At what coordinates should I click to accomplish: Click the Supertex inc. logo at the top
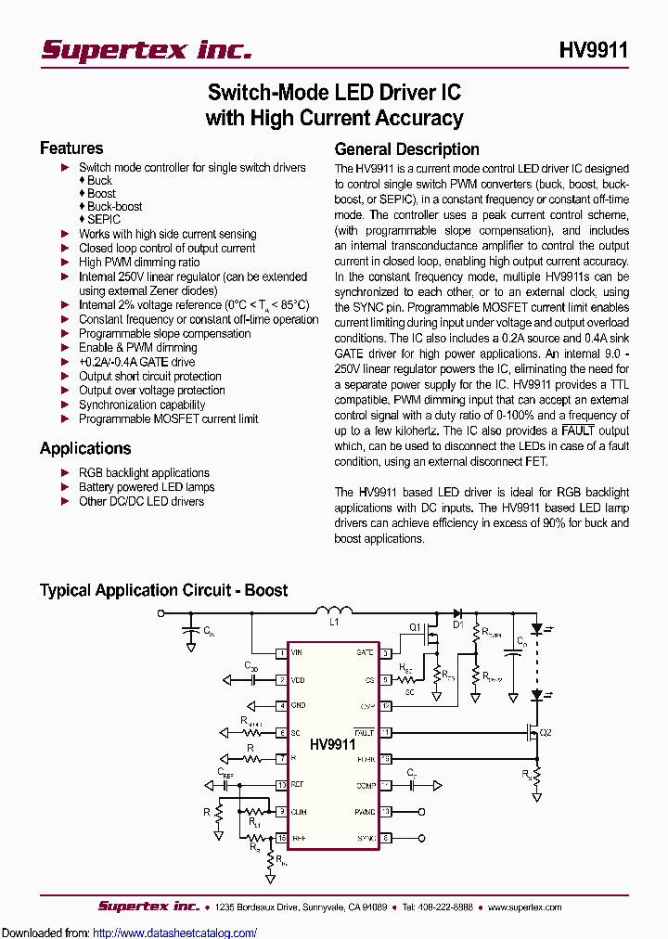pos(146,50)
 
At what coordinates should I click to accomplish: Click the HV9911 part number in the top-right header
pos(594,50)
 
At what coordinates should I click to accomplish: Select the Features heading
pos(71,148)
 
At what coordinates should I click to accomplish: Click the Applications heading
pos(85,448)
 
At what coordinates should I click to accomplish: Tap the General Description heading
pos(406,149)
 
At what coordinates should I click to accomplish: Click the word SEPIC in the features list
pos(104,220)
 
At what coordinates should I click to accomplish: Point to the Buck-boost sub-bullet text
pos(115,206)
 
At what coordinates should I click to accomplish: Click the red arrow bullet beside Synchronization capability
pos(65,405)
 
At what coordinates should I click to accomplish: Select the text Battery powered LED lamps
pos(147,487)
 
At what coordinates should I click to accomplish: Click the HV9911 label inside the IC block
pos(332,744)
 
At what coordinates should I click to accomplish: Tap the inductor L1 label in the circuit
pos(335,623)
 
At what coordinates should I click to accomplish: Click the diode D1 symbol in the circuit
pos(457,612)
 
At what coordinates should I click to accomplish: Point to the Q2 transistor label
pos(546,732)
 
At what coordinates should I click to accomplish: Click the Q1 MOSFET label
pos(415,626)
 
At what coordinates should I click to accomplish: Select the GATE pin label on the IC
pos(365,653)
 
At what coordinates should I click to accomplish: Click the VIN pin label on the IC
pos(297,653)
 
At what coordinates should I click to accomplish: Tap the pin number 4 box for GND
pos(280,706)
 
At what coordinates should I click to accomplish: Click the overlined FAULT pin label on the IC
pos(364,732)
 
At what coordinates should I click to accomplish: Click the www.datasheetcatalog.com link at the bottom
pos(175,933)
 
